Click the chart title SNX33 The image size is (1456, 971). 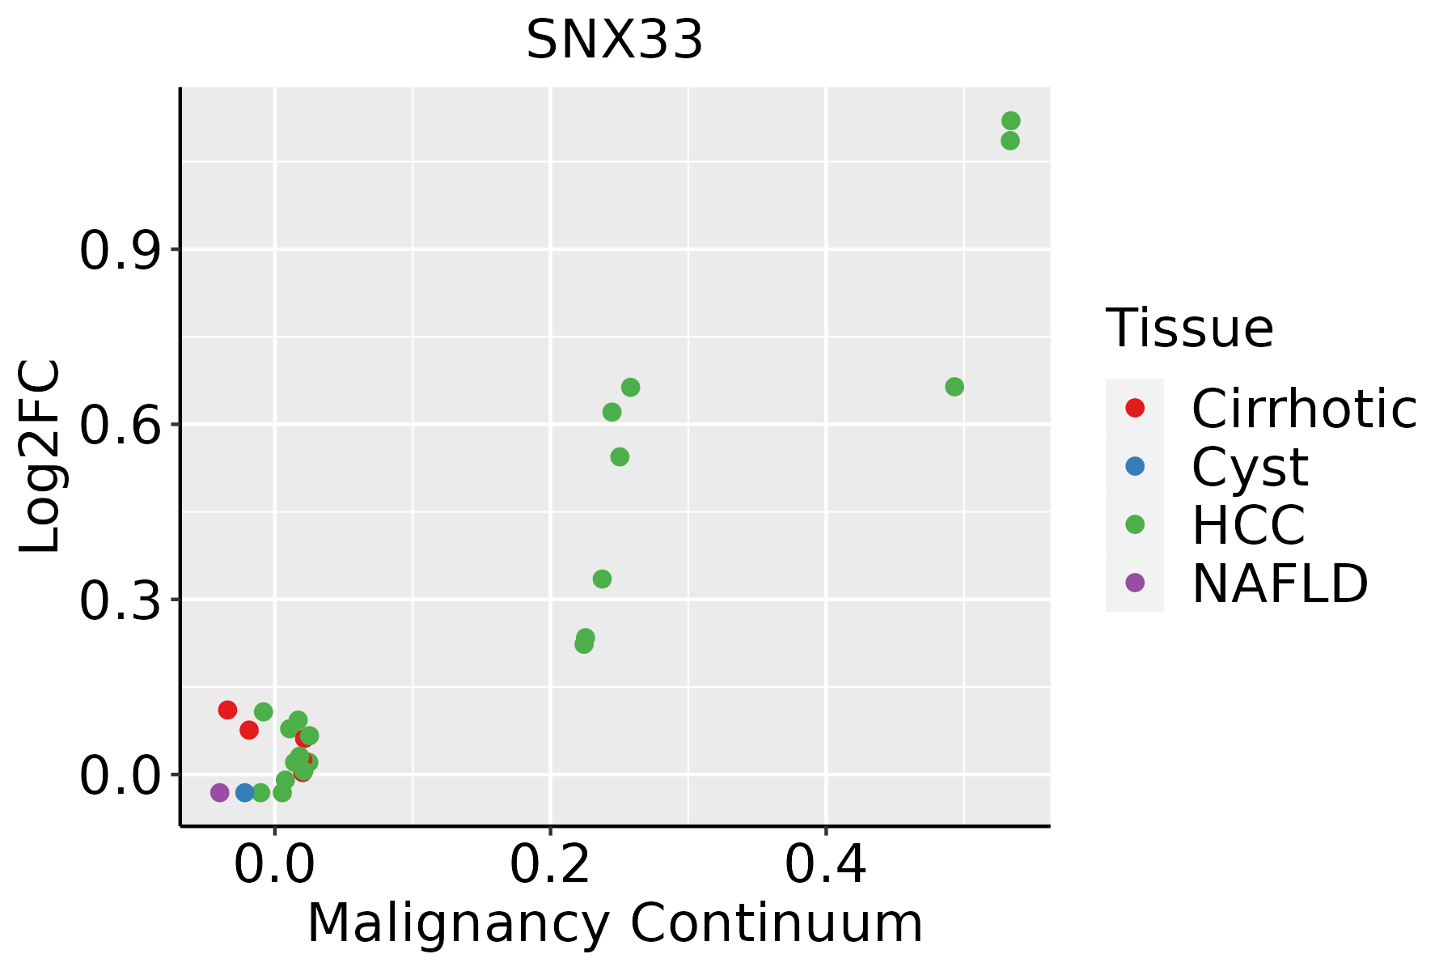614,40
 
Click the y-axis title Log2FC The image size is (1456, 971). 39,456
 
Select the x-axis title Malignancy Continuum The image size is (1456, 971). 615,923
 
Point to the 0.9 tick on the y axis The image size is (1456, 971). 117,250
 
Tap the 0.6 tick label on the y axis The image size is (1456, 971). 117,425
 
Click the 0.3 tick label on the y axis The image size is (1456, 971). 117,600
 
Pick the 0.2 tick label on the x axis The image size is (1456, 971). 550,865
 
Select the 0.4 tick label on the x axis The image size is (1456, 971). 826,865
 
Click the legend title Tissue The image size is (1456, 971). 1189,329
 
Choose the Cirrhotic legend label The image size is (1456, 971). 1303,409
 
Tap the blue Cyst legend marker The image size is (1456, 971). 1135,466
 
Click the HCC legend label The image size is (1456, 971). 1248,524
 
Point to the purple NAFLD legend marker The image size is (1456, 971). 1135,582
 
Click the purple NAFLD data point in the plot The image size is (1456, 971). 219,792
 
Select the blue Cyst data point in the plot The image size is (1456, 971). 245,792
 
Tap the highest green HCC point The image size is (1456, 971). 1010,121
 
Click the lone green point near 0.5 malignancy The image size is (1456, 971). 954,387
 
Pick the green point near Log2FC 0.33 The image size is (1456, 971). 602,579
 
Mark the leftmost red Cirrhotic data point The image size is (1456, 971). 227,710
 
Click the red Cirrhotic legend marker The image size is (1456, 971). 1135,408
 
